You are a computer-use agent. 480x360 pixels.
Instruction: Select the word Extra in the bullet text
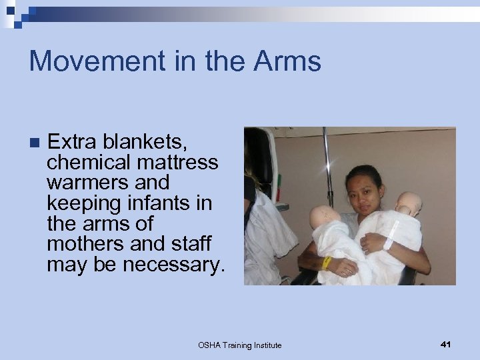[x=72, y=141]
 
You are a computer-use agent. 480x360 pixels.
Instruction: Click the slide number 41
[x=446, y=344]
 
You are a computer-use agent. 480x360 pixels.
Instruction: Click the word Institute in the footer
[x=265, y=345]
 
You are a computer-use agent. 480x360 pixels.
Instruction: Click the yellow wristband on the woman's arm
[x=327, y=262]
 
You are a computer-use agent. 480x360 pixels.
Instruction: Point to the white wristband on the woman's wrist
[x=388, y=243]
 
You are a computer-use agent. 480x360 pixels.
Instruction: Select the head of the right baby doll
[x=409, y=203]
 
